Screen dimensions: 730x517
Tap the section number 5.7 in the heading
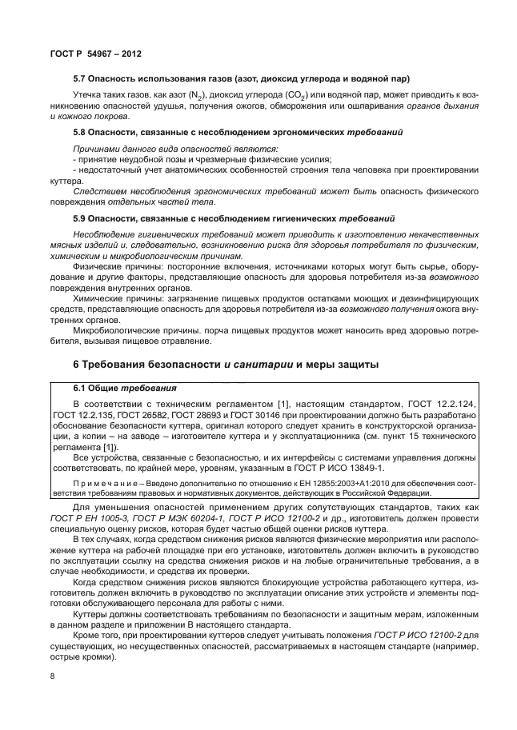[x=80, y=78]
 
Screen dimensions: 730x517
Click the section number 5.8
[x=80, y=130]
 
